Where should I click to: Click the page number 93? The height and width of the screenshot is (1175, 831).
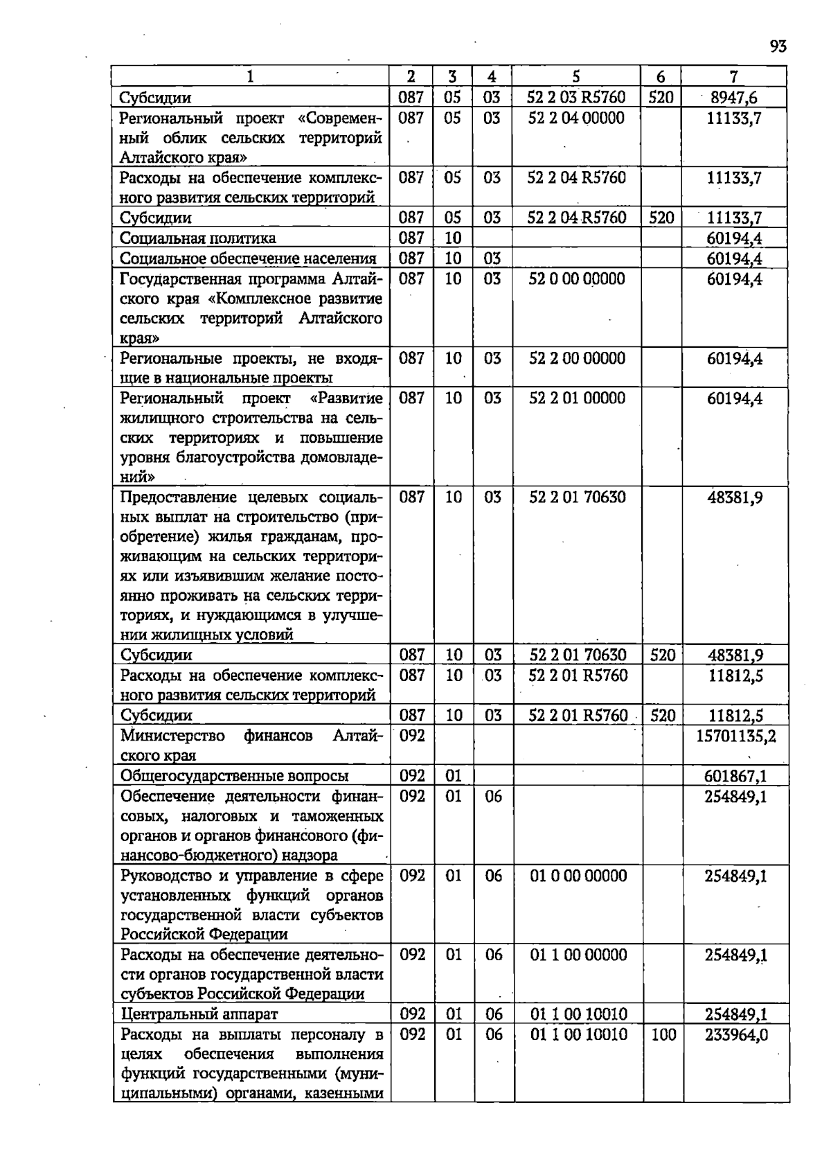click(x=778, y=46)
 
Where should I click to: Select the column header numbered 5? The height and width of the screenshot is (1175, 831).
click(x=576, y=77)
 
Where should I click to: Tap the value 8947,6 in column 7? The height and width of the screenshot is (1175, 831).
click(x=734, y=98)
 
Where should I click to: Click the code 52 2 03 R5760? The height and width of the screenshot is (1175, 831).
click(x=576, y=98)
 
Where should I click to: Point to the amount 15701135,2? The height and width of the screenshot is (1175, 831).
click(x=735, y=736)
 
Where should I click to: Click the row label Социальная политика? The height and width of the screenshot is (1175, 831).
click(x=198, y=238)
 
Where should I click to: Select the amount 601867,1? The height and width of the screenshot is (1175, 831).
click(x=735, y=776)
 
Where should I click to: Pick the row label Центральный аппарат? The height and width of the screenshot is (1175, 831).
click(x=199, y=1014)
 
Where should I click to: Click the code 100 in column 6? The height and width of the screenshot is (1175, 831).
click(x=663, y=1034)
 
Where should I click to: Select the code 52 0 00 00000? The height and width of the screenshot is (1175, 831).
click(x=577, y=279)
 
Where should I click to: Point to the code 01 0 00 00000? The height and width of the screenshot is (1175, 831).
click(x=578, y=876)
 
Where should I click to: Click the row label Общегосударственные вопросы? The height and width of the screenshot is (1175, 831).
click(x=234, y=776)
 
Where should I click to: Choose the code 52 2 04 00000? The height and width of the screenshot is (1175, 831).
click(x=576, y=118)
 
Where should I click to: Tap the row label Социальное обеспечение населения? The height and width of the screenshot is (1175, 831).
click(x=248, y=259)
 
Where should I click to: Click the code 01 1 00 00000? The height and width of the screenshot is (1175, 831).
click(x=578, y=955)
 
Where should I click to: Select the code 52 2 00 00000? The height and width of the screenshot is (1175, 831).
click(x=577, y=358)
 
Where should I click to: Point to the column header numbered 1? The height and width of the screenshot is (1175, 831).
click(x=250, y=77)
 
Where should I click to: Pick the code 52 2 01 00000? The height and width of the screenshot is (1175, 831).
click(x=577, y=398)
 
